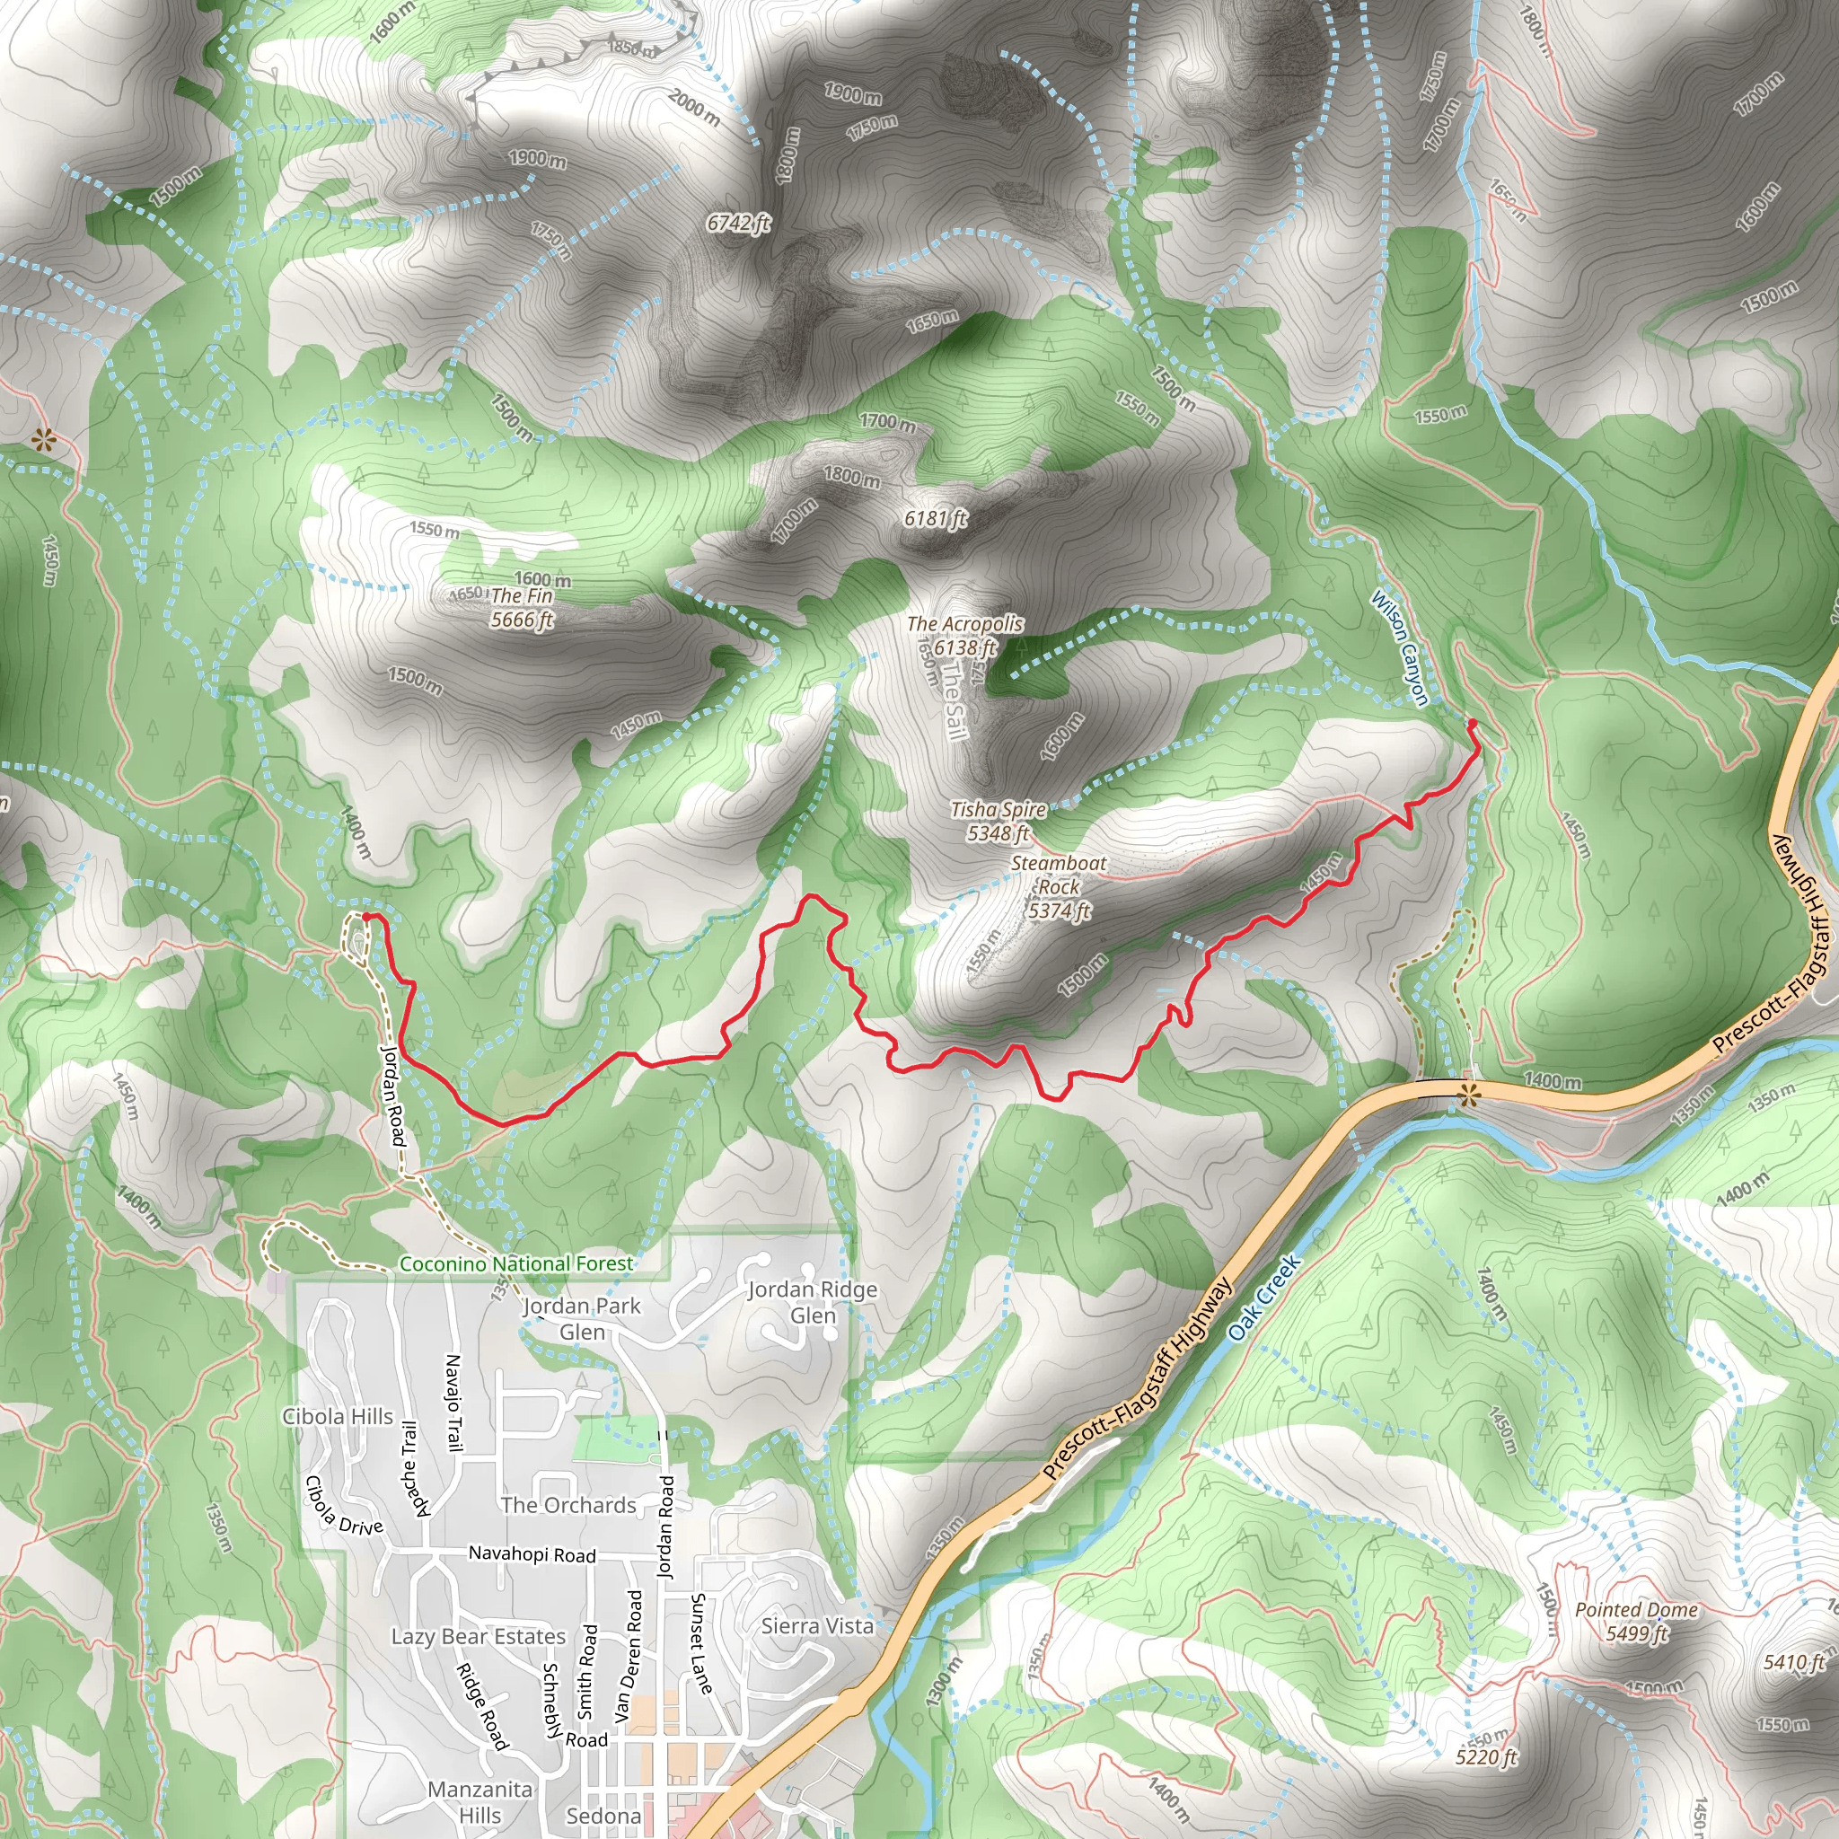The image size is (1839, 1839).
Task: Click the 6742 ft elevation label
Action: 739,223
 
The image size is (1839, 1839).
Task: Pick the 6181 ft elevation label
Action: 935,518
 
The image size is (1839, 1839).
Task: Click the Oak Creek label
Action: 1264,1298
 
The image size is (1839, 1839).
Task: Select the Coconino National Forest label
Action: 516,1264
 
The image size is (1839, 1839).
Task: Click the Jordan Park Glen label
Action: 582,1318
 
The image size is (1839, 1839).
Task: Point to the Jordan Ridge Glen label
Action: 813,1302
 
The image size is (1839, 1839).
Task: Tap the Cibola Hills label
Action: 338,1416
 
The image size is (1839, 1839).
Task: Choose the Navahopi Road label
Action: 532,1554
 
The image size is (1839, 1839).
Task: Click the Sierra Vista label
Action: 817,1626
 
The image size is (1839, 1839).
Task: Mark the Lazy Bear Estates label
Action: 479,1636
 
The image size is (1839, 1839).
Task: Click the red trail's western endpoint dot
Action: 366,918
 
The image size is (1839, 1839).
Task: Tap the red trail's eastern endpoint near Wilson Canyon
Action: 1473,725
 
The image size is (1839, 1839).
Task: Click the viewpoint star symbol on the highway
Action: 1469,1095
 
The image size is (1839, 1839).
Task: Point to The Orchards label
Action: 568,1505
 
